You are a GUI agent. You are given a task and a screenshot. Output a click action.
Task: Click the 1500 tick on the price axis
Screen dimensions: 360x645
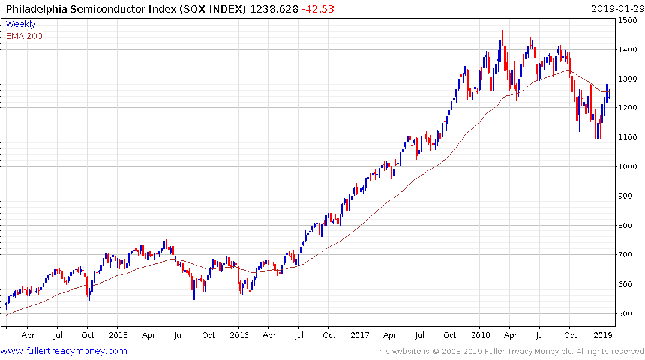[628, 20]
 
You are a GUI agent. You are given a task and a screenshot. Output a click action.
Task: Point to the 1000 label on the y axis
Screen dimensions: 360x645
[628, 167]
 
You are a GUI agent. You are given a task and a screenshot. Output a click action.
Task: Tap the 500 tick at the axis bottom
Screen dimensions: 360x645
[626, 314]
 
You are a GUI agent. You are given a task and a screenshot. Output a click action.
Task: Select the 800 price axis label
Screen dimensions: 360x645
[626, 226]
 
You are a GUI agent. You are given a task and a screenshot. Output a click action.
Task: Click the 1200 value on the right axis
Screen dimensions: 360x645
[628, 108]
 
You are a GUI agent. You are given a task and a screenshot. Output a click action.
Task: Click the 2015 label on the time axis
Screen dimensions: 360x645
[118, 335]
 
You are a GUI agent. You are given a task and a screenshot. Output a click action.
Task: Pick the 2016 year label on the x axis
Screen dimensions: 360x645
[239, 335]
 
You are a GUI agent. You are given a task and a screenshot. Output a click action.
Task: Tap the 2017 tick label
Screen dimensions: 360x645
[359, 335]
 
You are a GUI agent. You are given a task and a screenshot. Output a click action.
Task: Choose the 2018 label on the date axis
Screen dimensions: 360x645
[480, 335]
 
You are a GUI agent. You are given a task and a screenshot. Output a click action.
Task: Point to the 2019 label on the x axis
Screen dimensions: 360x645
[601, 335]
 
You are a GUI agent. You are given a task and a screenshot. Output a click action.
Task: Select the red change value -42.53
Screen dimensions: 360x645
[319, 8]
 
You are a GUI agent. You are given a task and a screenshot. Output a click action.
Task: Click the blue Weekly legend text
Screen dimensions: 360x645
[20, 24]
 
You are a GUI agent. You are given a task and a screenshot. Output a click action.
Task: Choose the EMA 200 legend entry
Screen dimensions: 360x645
[24, 36]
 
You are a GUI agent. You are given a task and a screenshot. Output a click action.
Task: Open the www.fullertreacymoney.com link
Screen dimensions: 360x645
[64, 351]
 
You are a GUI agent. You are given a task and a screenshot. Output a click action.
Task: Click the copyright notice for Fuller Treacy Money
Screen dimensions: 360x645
[509, 351]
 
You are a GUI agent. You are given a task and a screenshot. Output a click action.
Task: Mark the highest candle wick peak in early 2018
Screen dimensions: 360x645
[502, 31]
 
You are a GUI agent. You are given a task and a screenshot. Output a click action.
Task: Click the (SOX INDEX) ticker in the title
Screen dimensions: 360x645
[215, 8]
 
